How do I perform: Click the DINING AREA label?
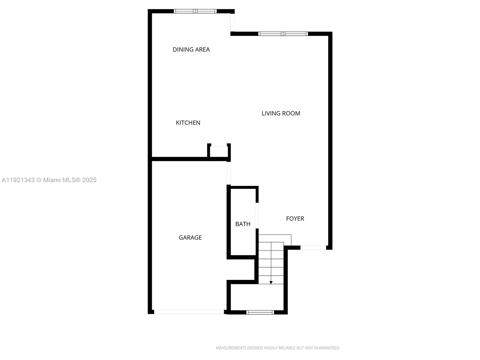click(191, 49)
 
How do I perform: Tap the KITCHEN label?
click(188, 123)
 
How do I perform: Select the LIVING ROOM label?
click(281, 113)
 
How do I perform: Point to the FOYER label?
click(295, 219)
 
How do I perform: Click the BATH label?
click(243, 224)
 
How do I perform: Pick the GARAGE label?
click(190, 238)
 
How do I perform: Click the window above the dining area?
click(195, 11)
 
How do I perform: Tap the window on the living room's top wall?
click(283, 34)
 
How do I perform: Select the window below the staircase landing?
click(260, 312)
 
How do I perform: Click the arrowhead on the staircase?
click(271, 282)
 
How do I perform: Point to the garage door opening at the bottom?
click(189, 312)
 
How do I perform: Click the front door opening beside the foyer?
click(313, 248)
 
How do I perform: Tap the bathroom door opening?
click(257, 216)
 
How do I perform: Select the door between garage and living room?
click(229, 173)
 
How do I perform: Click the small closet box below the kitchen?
click(218, 151)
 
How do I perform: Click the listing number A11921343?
click(18, 180)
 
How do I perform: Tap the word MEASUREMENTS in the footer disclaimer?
click(231, 348)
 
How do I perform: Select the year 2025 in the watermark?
click(89, 180)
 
